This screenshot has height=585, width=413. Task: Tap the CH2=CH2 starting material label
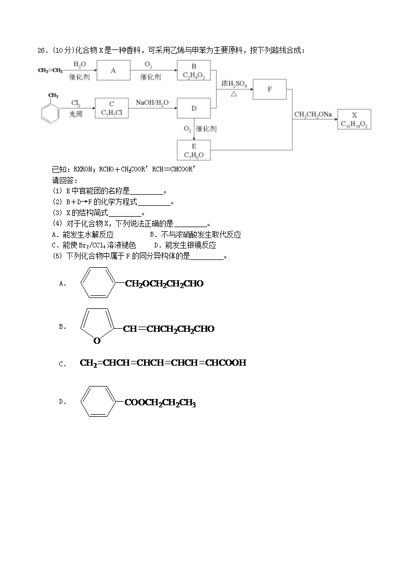[50, 70]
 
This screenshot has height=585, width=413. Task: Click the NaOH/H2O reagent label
[152, 103]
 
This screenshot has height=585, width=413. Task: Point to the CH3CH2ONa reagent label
[313, 115]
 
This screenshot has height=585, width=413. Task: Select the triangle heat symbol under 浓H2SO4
[234, 94]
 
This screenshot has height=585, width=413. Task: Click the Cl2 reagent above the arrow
[75, 103]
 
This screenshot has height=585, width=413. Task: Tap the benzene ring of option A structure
[81, 282]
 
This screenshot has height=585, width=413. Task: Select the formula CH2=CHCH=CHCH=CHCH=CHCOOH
[163, 363]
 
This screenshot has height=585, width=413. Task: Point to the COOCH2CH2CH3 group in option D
[160, 403]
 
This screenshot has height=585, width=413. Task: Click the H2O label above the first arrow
[79, 65]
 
